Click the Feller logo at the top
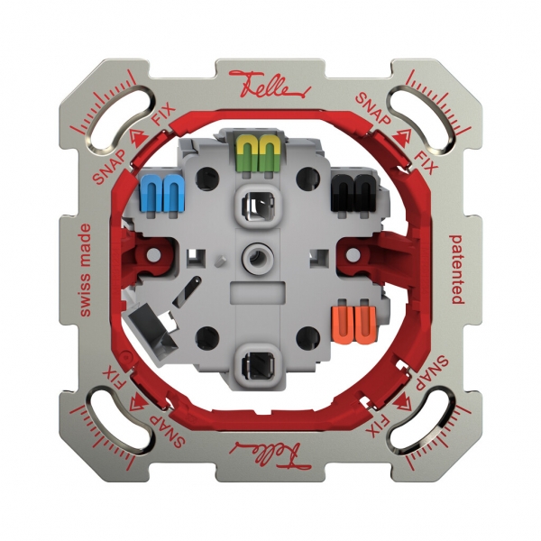pyautogui.click(x=270, y=84)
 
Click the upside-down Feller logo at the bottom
pyautogui.click(x=270, y=448)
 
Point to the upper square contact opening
pyautogui.click(x=258, y=204)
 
